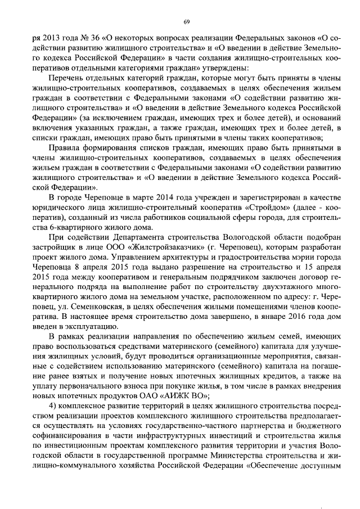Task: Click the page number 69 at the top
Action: point(187,22)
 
